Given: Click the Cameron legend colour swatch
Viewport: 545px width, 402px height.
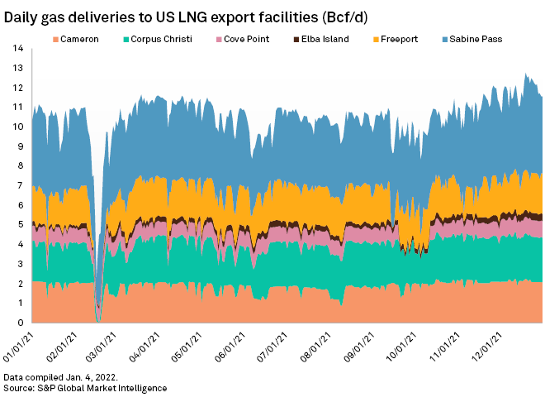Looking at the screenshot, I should click(55, 38).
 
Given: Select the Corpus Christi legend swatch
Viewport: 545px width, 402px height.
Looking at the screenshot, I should click(126, 38).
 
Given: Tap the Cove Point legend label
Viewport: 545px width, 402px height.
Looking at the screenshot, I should click(244, 38).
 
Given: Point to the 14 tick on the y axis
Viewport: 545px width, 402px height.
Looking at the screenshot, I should click(16, 49).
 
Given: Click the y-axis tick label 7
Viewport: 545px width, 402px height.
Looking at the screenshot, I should click(18, 186).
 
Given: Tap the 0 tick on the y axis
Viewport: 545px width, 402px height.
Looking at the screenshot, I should click(18, 323).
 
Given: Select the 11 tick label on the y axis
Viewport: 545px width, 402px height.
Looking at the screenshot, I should click(16, 108).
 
